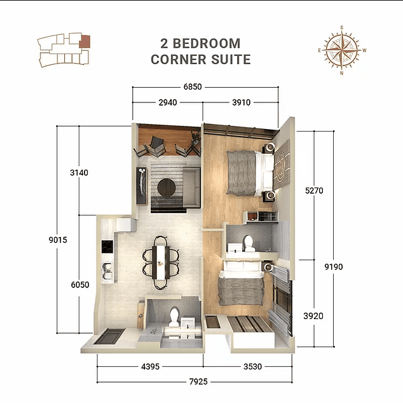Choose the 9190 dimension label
point(332,266)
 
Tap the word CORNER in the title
point(178,60)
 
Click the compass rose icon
point(341,50)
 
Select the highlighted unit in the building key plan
point(85,41)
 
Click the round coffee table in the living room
point(167,188)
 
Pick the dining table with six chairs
point(160,259)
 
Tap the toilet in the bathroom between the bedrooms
point(249,242)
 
